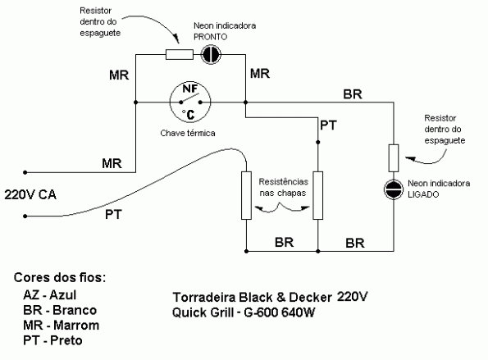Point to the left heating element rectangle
pos(246,195)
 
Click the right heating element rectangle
pos(318,195)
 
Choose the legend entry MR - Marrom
pos(62,325)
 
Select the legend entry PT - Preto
pos(54,339)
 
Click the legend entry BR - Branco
pos(61,310)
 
